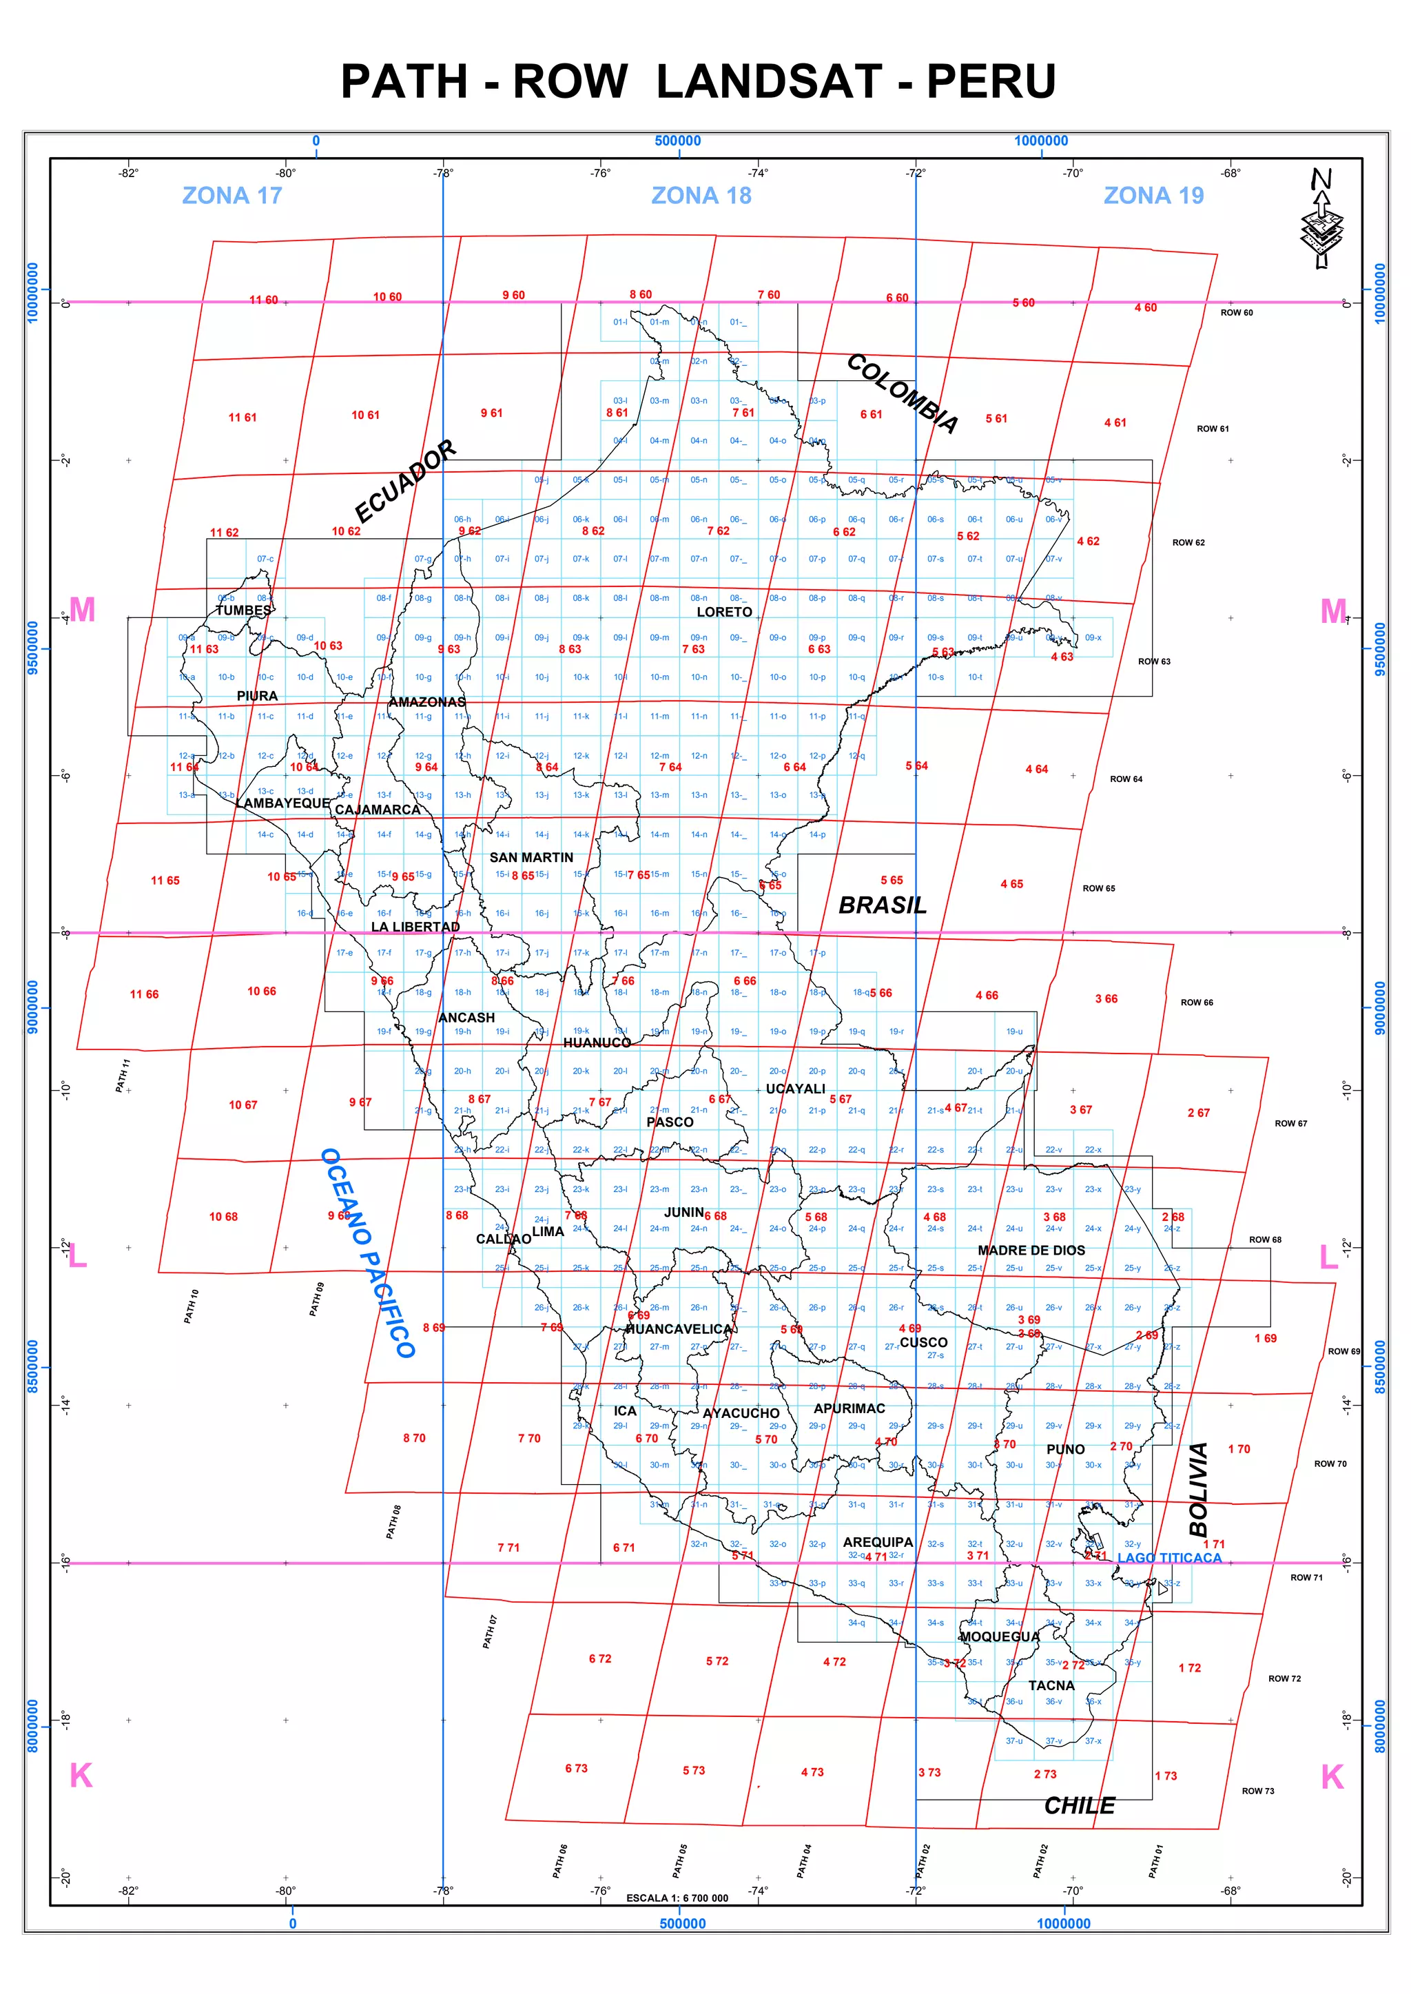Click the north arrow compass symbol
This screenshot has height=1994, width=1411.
[x=1321, y=219]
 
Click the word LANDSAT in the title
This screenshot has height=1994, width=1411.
[x=768, y=82]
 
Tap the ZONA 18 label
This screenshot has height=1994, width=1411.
[x=701, y=196]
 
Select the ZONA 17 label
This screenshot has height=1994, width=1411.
[x=232, y=196]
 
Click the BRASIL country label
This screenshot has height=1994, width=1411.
[x=882, y=905]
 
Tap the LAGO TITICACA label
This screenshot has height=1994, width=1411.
[x=1168, y=1558]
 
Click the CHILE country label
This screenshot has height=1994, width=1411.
[x=1079, y=1805]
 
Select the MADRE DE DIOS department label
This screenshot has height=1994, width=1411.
[x=1031, y=1251]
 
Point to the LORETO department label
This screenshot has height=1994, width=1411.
[x=723, y=612]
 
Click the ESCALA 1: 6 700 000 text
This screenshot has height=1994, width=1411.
[x=677, y=1898]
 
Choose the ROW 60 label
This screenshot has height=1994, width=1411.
[x=1237, y=313]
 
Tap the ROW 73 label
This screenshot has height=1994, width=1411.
[x=1257, y=1791]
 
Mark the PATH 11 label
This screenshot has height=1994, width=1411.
[x=123, y=1075]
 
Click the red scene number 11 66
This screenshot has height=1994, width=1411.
[x=144, y=994]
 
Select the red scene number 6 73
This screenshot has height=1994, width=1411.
[x=576, y=1768]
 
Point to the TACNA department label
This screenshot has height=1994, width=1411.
[x=1051, y=1685]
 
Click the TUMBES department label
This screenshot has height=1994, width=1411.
[x=243, y=610]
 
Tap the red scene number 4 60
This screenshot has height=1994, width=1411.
[x=1145, y=307]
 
